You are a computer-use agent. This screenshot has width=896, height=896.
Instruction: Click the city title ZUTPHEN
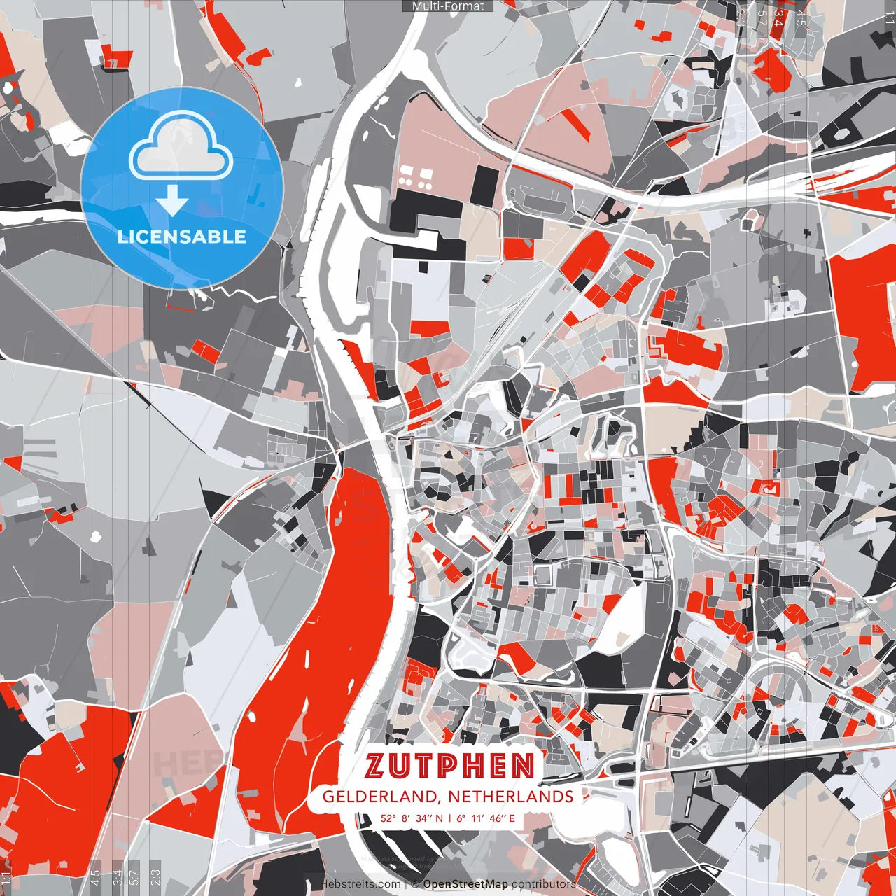click(450, 766)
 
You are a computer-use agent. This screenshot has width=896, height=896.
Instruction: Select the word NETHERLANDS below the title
click(511, 797)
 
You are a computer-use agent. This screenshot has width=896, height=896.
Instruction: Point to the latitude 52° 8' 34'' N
click(412, 818)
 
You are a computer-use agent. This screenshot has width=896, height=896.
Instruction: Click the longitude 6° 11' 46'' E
click(486, 818)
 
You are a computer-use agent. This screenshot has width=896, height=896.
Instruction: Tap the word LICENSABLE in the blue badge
click(182, 237)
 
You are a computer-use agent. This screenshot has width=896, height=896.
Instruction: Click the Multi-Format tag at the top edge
click(448, 6)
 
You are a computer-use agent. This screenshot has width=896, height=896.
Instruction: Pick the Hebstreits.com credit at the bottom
click(360, 884)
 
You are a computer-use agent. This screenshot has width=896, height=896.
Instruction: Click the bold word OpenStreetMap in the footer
click(465, 884)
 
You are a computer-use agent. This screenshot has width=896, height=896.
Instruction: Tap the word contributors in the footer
click(544, 884)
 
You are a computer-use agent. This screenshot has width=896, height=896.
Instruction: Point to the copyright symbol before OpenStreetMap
click(415, 884)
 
